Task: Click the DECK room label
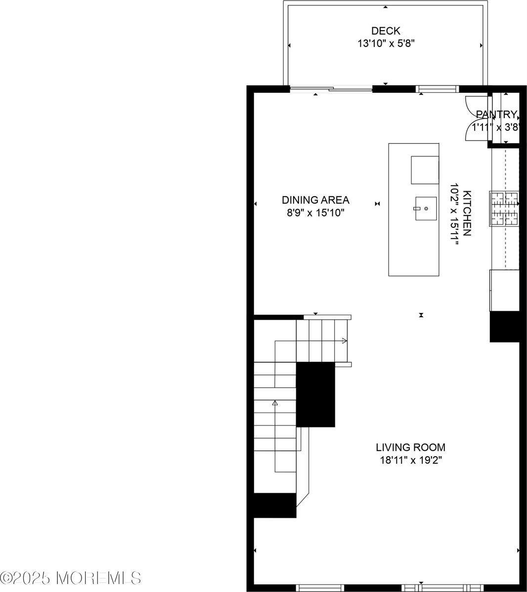(x=386, y=31)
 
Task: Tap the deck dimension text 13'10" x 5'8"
(x=386, y=43)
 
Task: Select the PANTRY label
(x=496, y=115)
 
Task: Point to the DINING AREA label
(x=315, y=200)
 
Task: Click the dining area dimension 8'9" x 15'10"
(x=315, y=213)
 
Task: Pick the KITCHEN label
(x=467, y=213)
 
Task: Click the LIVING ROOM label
(x=410, y=448)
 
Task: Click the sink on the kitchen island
(x=426, y=209)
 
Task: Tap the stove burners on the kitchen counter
(x=504, y=209)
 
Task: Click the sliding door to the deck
(x=330, y=89)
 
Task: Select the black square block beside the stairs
(x=315, y=394)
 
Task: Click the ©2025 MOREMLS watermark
(x=71, y=577)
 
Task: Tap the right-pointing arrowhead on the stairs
(x=344, y=340)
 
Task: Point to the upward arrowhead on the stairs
(x=275, y=403)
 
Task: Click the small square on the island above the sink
(x=425, y=170)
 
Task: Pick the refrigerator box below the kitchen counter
(x=504, y=290)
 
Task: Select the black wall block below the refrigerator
(x=504, y=326)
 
